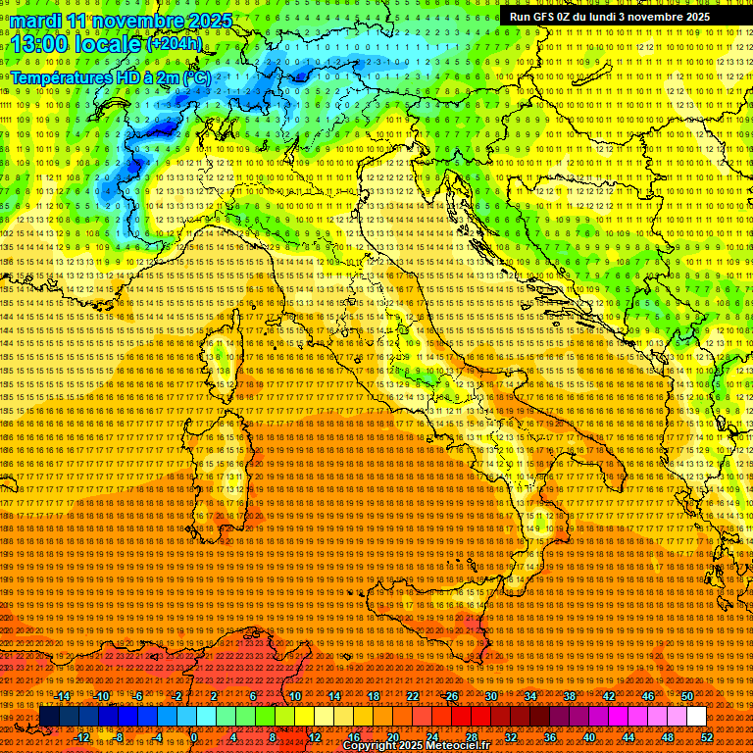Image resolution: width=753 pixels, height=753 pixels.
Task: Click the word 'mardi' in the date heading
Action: pos(39,21)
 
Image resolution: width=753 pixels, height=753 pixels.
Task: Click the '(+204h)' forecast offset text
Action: pos(175,43)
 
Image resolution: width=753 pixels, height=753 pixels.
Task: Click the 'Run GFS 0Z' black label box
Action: pos(610,17)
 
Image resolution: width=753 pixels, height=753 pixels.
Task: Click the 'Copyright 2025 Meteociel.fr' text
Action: pos(416,746)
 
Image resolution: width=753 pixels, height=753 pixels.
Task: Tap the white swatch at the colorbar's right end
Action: pos(696,716)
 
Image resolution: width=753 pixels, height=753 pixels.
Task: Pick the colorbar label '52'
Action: pos(707,736)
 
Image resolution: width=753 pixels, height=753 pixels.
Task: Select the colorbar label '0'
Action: pos(194,736)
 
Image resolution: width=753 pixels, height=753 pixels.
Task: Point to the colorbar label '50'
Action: pos(687,696)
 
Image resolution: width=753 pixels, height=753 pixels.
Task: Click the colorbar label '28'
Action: pos(471,736)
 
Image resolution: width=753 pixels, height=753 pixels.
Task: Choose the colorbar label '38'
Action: pos(570,696)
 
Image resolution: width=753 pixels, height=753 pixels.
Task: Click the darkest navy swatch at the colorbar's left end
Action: pos(49,716)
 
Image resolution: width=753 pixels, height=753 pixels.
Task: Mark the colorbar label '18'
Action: pos(373,696)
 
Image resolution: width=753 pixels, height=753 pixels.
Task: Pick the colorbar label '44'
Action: pos(628,736)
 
